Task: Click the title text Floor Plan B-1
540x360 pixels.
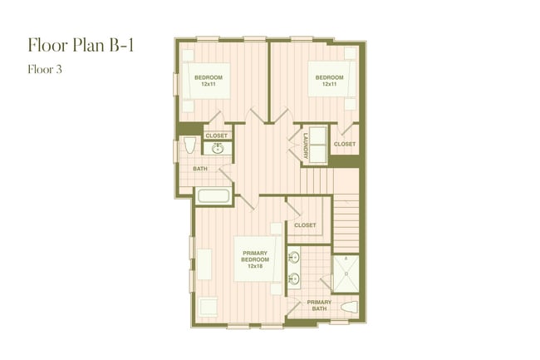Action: pos(80,46)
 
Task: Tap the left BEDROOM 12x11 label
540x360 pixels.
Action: pos(209,81)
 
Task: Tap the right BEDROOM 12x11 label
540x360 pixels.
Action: pos(329,81)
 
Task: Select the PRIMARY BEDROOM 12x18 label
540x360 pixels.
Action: pos(255,259)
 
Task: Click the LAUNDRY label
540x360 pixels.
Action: pos(306,145)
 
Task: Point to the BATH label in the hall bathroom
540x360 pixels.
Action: pos(200,169)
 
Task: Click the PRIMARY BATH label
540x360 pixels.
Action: pos(319,306)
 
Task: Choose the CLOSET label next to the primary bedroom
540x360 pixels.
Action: pos(305,224)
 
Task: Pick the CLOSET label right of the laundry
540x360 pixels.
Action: pos(344,144)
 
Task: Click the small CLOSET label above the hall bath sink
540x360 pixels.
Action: pos(216,135)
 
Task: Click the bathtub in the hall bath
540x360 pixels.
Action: pos(214,197)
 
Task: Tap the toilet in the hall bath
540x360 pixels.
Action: pos(189,147)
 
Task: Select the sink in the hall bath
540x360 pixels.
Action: pos(218,149)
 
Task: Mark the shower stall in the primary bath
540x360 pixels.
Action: pos(346,271)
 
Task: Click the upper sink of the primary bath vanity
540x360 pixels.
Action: pos(294,256)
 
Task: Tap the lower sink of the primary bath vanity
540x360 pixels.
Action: pos(294,279)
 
